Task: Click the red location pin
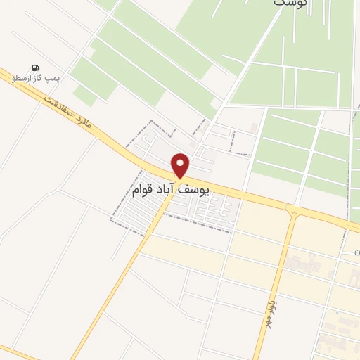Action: (x=181, y=165)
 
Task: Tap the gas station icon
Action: (x=35, y=67)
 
